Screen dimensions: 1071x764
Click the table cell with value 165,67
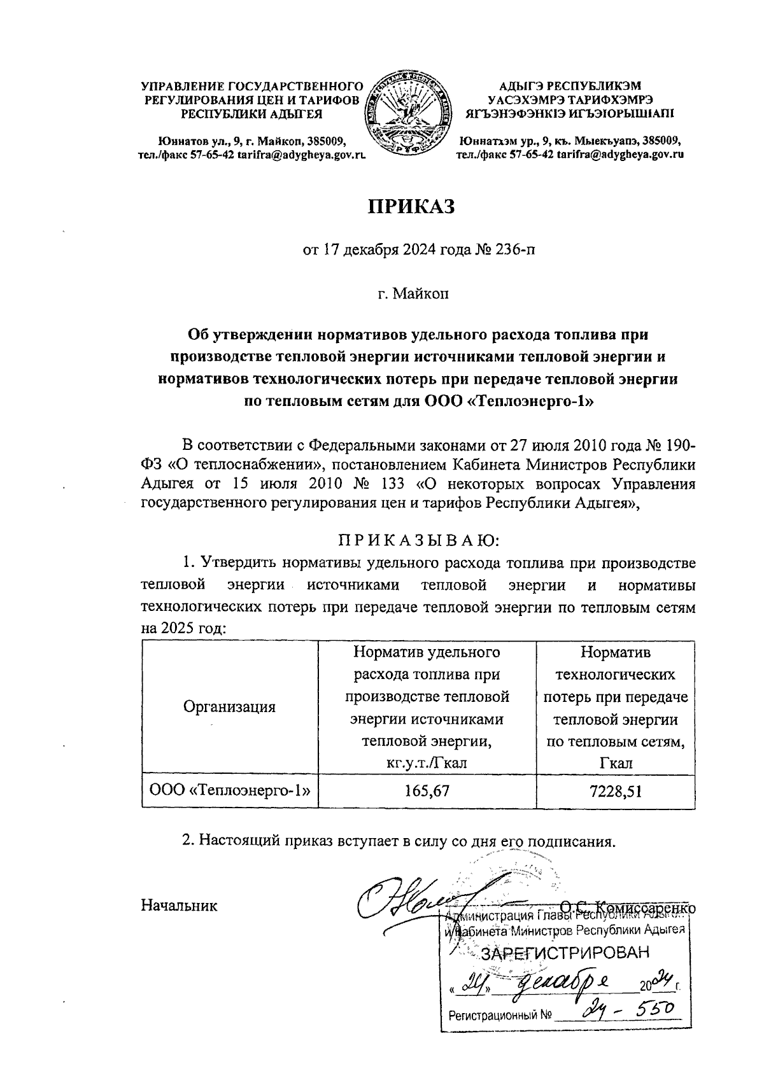(427, 791)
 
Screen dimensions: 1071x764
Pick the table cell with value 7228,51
(615, 791)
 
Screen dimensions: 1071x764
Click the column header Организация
(229, 706)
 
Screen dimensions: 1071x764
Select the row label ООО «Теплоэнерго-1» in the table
(229, 791)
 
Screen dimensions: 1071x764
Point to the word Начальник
(179, 906)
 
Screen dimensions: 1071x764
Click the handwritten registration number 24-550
(627, 1009)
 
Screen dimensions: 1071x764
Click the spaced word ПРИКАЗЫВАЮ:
(418, 541)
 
